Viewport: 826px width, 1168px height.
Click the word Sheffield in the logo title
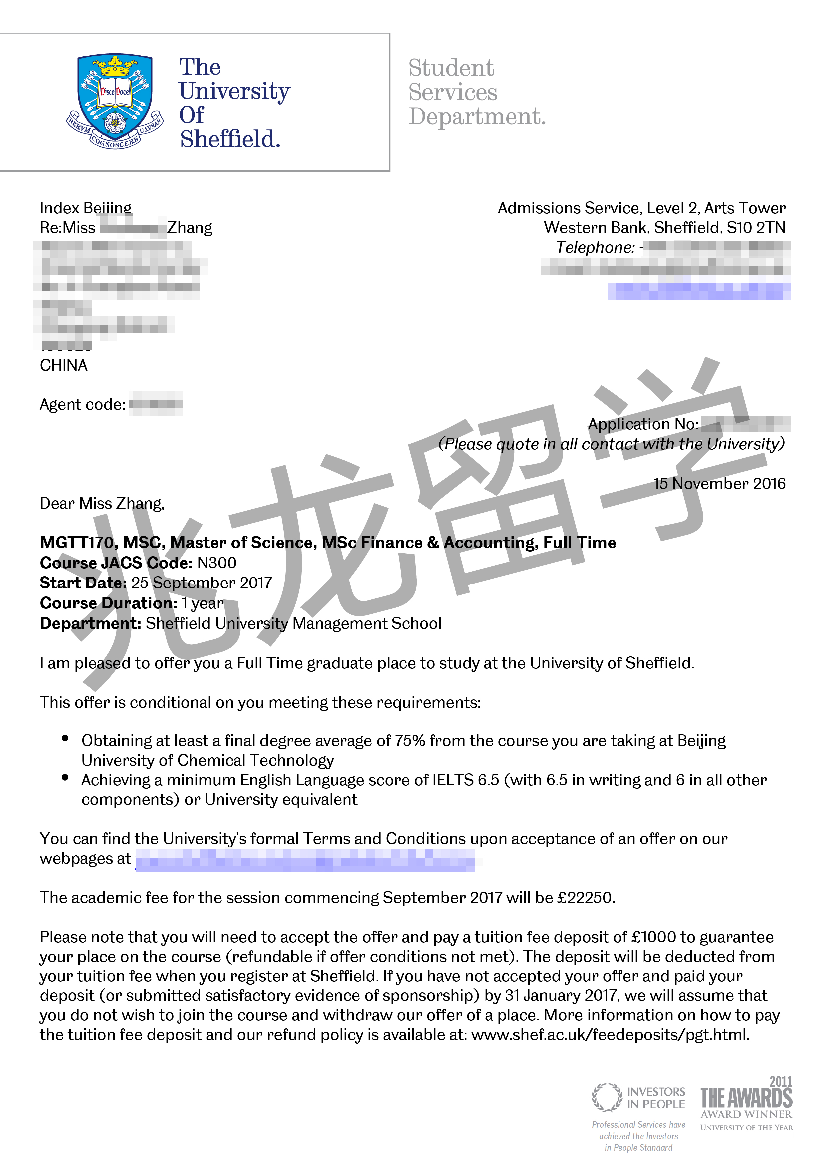point(230,139)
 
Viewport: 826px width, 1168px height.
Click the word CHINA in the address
point(64,365)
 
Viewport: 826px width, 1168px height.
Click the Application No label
point(643,424)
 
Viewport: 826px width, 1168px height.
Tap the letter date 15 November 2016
point(719,483)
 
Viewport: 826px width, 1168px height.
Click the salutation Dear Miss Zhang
point(102,503)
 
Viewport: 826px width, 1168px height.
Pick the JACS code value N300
point(217,563)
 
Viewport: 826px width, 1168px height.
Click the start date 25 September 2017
point(202,583)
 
